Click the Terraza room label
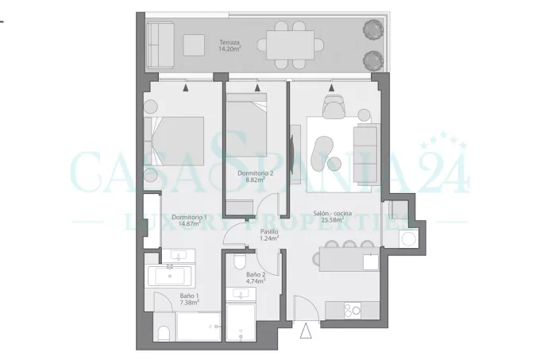(229, 43)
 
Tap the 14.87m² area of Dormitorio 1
(190, 223)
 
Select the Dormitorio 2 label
(255, 173)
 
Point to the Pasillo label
(269, 231)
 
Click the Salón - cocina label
(333, 213)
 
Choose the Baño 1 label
(189, 296)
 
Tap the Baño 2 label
(256, 274)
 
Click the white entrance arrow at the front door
(306, 331)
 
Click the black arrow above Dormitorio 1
(186, 87)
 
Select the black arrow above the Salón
(331, 87)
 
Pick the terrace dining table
(290, 45)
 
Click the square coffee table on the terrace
(194, 45)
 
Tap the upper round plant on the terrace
(373, 29)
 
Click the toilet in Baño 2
(239, 262)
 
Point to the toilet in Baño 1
(164, 334)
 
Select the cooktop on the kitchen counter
(353, 311)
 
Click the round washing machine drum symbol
(408, 239)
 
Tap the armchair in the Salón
(334, 106)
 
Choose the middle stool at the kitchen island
(349, 244)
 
